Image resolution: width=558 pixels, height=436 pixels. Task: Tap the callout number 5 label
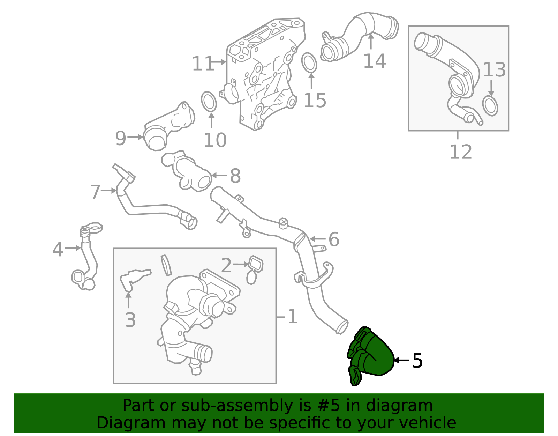(x=417, y=361)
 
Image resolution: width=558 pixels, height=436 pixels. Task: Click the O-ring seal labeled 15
(x=309, y=63)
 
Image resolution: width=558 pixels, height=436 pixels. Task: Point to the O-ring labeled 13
(x=490, y=106)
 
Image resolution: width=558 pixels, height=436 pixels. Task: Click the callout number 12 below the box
(x=460, y=152)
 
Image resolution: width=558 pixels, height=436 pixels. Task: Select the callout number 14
(x=375, y=61)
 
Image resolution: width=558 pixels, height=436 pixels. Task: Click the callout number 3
(x=130, y=320)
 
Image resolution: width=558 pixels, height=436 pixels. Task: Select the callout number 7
(x=95, y=192)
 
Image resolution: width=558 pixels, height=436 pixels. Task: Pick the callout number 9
(x=120, y=138)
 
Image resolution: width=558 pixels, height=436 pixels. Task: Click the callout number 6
(x=334, y=239)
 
